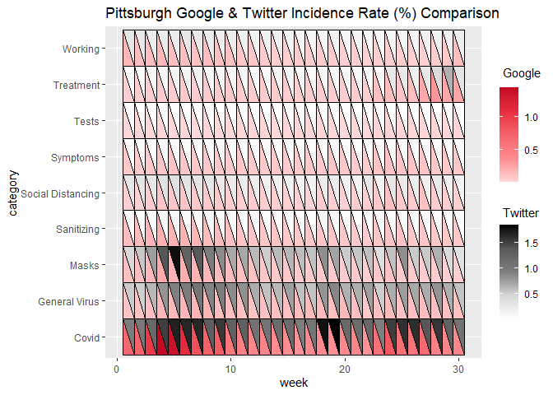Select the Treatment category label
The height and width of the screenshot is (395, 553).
[77, 85]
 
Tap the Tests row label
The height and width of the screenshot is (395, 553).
[86, 121]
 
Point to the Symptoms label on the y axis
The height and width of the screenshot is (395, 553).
[76, 157]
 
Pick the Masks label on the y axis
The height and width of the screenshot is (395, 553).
[85, 266]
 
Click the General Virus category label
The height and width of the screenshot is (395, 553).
[69, 302]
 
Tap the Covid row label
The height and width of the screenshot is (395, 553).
[86, 337]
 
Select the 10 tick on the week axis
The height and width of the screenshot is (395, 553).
[232, 368]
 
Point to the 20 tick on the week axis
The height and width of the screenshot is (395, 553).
[346, 368]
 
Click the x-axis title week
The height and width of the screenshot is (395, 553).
[294, 383]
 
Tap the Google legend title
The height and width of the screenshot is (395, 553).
[521, 74]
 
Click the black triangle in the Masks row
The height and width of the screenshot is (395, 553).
[175, 262]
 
